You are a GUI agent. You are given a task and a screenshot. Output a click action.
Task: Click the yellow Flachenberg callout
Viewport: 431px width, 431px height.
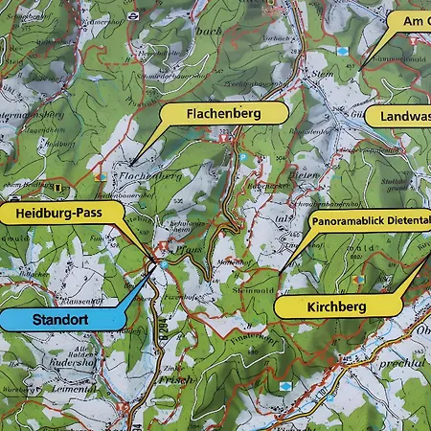[x=224, y=114]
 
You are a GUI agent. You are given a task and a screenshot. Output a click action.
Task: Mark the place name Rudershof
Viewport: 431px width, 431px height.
[x=69, y=362]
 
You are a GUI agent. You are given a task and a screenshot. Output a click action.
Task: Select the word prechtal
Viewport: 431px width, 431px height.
[x=405, y=364]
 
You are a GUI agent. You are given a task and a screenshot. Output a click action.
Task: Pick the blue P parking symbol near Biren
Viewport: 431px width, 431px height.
[x=243, y=157]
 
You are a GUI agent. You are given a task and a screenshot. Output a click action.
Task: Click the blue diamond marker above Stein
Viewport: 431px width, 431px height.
[x=342, y=50]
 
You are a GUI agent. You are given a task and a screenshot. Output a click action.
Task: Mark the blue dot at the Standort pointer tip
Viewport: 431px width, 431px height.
[x=163, y=263]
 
